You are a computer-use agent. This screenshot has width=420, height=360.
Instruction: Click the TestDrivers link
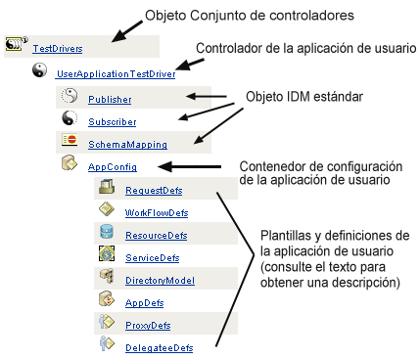(57, 47)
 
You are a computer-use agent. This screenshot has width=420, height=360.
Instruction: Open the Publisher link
(110, 99)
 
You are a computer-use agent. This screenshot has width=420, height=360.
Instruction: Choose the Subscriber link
(112, 122)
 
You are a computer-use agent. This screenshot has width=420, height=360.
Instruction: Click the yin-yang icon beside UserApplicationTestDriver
(40, 70)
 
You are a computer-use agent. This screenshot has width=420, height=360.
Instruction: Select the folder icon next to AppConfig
(70, 164)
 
